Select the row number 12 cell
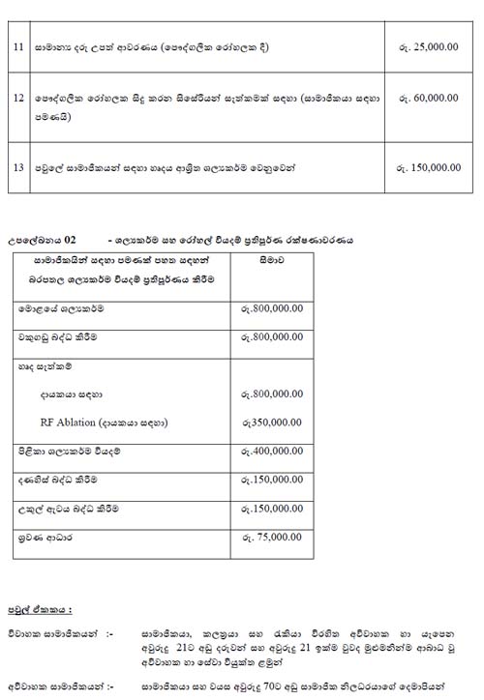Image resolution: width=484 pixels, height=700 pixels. click(18, 99)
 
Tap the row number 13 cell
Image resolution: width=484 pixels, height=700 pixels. click(18, 167)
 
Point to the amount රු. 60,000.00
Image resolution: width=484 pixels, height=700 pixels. click(428, 99)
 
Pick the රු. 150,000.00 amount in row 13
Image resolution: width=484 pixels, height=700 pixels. click(428, 167)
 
